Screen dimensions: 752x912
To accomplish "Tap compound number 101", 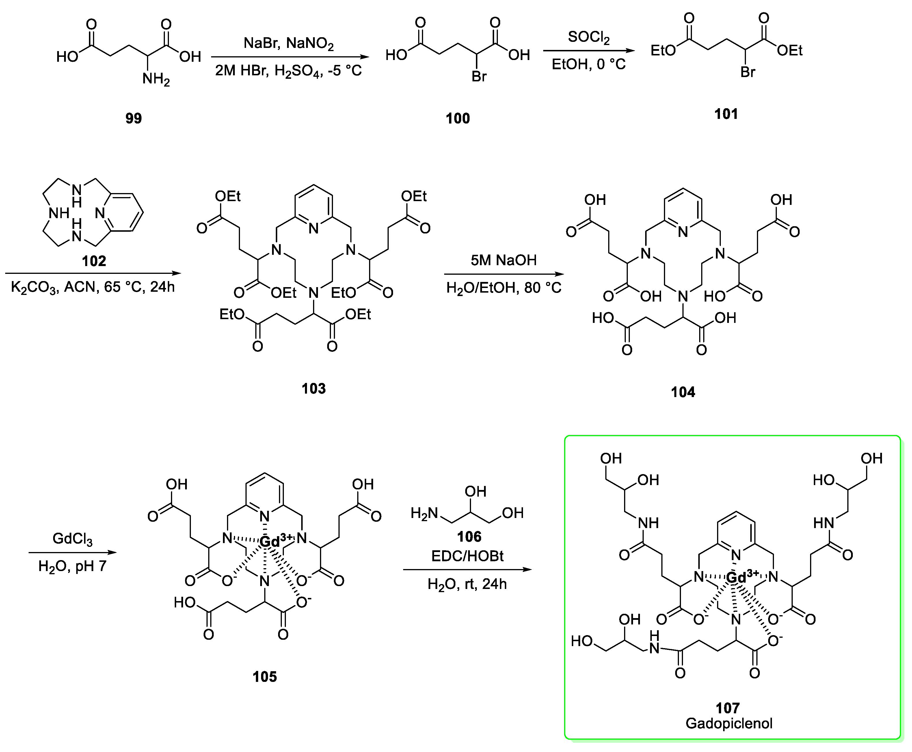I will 726,114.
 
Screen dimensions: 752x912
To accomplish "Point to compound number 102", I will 94,261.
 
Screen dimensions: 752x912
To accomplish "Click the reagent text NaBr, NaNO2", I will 289,43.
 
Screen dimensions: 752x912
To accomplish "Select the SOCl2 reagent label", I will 589,37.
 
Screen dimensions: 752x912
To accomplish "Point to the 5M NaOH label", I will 504,260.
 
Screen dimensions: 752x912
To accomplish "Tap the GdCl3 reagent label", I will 72,539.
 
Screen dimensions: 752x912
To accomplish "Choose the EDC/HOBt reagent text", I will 467,556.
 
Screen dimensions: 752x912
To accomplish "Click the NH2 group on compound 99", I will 156,79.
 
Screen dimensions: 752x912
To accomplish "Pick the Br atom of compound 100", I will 479,77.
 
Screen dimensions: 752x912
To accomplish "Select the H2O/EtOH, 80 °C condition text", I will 504,288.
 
